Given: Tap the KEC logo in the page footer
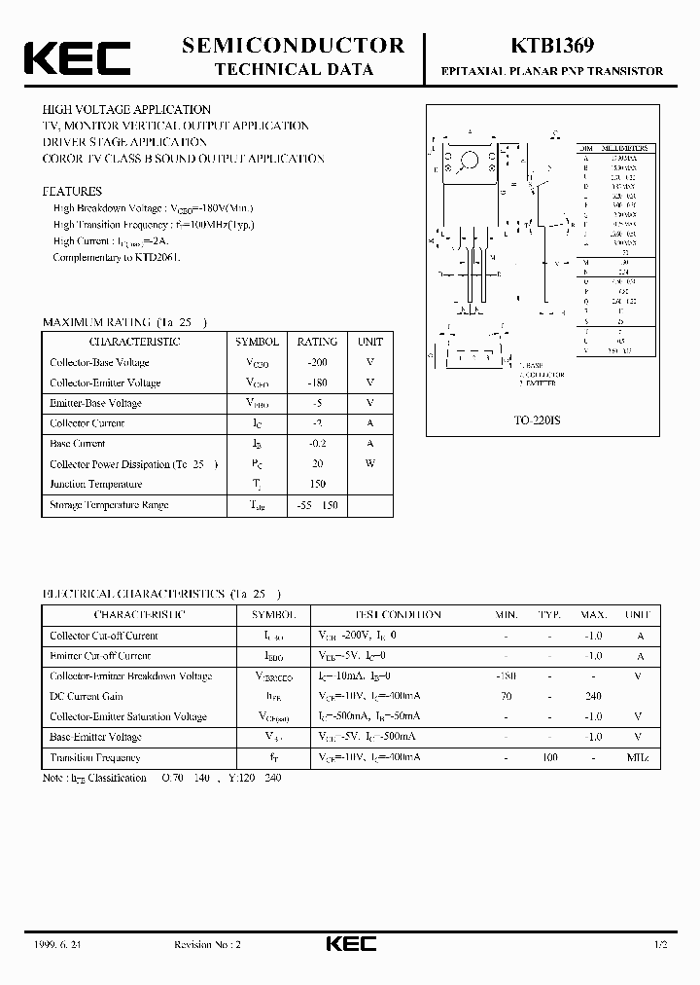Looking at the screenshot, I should [350, 944].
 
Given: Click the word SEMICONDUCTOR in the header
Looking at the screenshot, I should [294, 45].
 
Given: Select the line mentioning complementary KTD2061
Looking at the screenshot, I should [117, 258].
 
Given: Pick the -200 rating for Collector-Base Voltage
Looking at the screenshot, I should [317, 362].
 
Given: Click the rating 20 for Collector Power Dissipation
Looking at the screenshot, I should [317, 464].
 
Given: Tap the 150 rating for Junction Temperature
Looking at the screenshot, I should [317, 484].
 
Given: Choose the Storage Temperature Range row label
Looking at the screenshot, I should [109, 505].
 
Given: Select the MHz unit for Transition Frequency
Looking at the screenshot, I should [638, 757].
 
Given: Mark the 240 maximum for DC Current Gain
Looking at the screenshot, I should [594, 696].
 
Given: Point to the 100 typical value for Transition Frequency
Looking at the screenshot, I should [549, 757].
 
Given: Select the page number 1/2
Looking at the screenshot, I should [661, 945].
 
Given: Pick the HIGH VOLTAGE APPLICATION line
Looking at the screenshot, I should [126, 110].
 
